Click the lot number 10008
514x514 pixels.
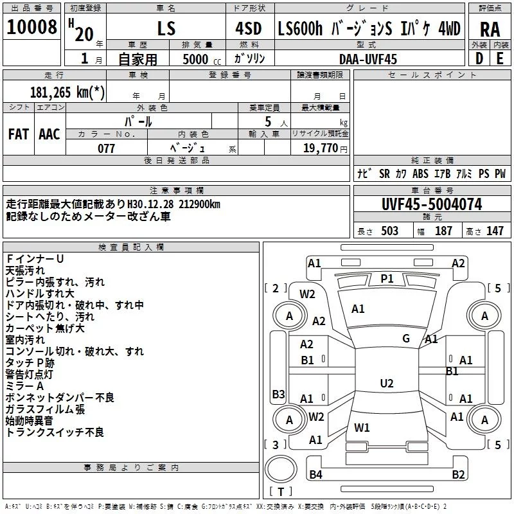click(x=32, y=29)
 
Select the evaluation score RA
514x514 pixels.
click(x=490, y=30)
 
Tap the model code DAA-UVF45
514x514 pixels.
click(x=368, y=58)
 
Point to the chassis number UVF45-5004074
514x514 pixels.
click(x=431, y=205)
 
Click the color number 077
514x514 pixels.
click(x=106, y=148)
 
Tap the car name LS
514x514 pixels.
click(x=166, y=30)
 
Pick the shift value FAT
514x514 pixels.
click(x=19, y=134)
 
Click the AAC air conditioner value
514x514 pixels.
click(x=49, y=134)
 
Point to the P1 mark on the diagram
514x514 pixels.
click(x=387, y=278)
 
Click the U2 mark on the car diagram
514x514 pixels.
click(x=386, y=384)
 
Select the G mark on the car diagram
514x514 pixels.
click(x=406, y=339)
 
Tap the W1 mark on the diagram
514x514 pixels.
click(x=362, y=428)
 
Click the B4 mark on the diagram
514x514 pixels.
click(x=315, y=475)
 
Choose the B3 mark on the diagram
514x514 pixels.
click(x=278, y=394)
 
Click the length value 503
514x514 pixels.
click(x=389, y=231)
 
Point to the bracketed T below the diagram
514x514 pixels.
click(x=281, y=492)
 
